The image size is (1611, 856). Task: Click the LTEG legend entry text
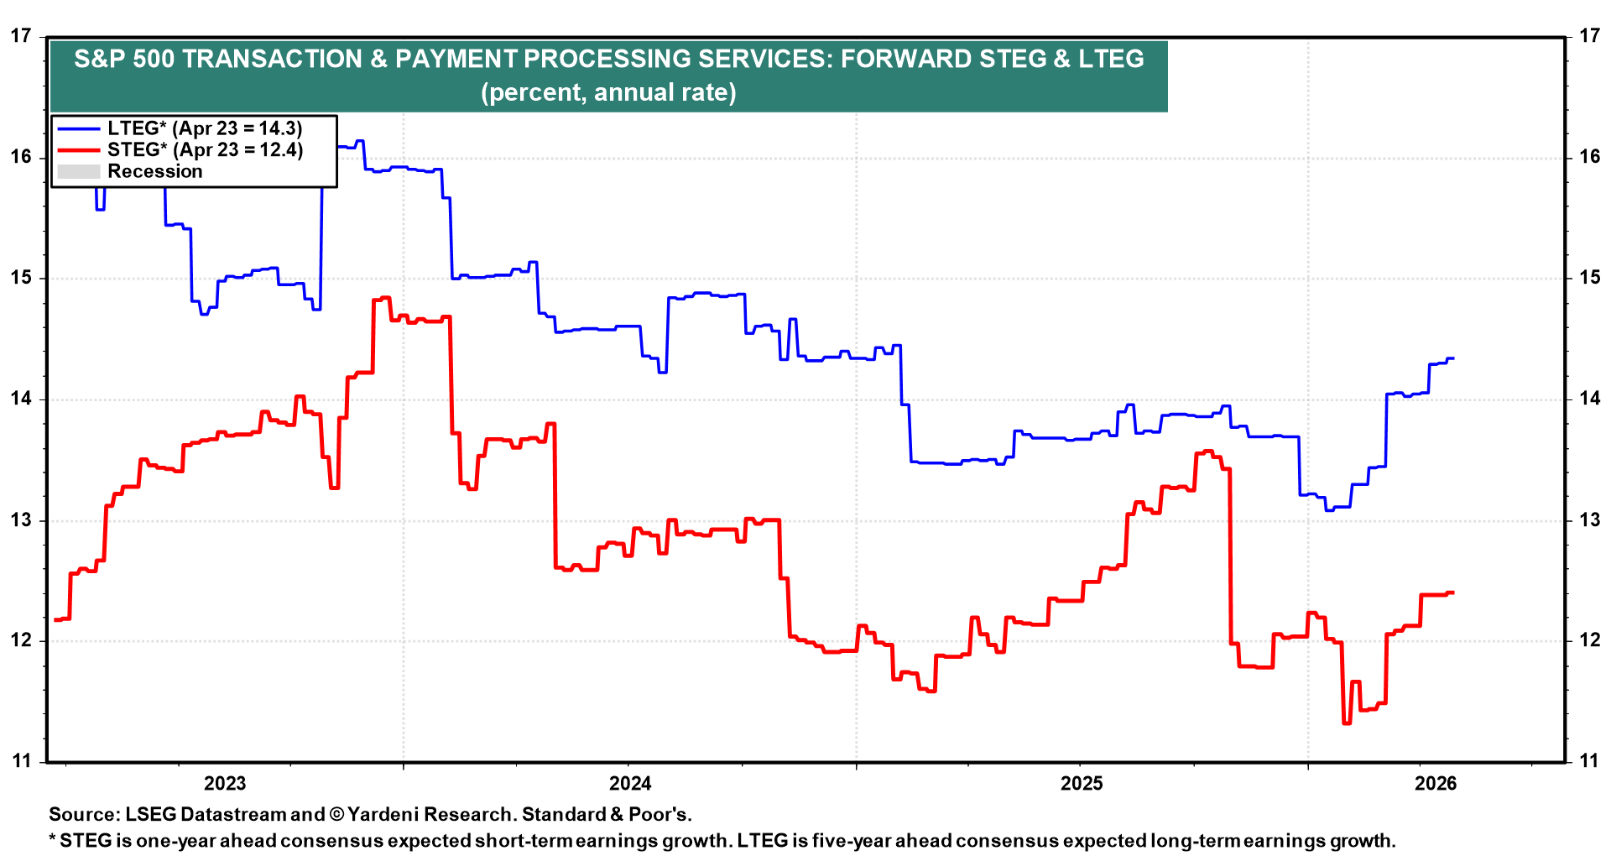pos(205,128)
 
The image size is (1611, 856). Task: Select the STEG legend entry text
pos(205,150)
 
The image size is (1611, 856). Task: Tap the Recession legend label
pos(155,171)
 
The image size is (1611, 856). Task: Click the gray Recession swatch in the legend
pos(79,172)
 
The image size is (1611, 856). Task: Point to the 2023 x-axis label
pos(225,784)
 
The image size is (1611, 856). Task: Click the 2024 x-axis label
pos(630,784)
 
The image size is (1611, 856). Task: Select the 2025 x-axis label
pos(1082,784)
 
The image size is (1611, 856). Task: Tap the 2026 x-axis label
pos(1436,784)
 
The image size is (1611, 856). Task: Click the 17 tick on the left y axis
pos(21,36)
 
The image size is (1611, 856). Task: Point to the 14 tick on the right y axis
pos(1589,399)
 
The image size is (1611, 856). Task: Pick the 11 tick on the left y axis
pos(21,761)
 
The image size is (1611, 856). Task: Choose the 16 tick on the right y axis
pos(1589,157)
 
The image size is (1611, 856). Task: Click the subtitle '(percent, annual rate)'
pos(608,92)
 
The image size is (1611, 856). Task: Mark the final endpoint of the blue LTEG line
pos(1453,358)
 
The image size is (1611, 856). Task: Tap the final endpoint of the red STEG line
pos(1453,592)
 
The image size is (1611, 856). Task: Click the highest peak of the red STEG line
pos(385,297)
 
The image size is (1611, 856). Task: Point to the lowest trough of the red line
pos(1347,723)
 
